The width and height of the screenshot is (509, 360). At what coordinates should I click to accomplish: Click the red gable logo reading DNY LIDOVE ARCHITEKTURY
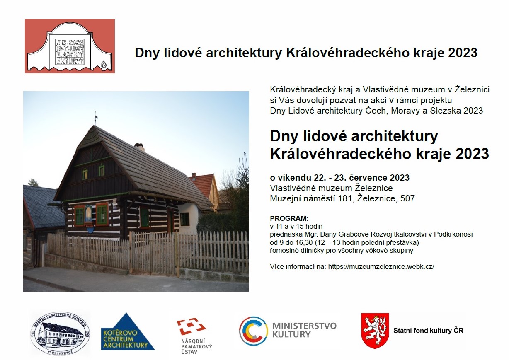click(70, 46)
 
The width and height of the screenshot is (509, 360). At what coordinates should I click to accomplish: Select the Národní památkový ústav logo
click(194, 336)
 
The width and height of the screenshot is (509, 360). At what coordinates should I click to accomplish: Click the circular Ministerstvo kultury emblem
click(253, 331)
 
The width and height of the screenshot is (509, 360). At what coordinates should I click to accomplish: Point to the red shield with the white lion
click(375, 331)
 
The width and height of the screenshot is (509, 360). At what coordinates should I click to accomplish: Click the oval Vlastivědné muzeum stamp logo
click(60, 333)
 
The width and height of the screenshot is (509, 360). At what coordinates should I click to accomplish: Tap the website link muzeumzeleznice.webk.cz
click(381, 266)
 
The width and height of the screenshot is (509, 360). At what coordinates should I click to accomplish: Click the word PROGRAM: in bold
click(289, 218)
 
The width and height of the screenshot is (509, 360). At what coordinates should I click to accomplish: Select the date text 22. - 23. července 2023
click(362, 178)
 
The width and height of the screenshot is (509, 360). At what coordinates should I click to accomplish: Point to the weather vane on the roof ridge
click(96, 118)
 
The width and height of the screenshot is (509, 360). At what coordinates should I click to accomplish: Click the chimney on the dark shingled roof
click(139, 147)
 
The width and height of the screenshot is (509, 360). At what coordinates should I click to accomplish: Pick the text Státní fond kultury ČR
click(428, 331)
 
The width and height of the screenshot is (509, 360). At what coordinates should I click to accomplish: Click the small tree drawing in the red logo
click(104, 65)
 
